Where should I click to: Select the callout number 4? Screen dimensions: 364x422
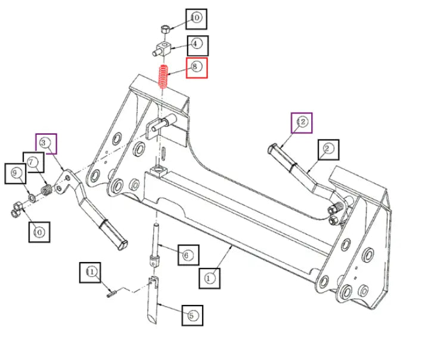pos(197,44)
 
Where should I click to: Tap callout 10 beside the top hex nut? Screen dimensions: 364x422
pos(196,19)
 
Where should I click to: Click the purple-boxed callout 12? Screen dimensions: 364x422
pos(302,123)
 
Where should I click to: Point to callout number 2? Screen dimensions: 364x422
pos(328,148)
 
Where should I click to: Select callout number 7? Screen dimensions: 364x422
pos(33,162)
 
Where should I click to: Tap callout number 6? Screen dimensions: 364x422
pos(188,256)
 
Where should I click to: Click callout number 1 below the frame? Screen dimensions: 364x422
pos(210,276)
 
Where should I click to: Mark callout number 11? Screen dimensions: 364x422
pos(91,273)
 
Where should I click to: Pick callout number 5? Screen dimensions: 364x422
pos(192,315)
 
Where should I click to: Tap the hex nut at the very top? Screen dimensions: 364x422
pos(165,28)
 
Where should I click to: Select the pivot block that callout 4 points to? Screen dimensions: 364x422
pos(163,48)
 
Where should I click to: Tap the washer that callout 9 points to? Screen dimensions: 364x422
pos(31,197)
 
